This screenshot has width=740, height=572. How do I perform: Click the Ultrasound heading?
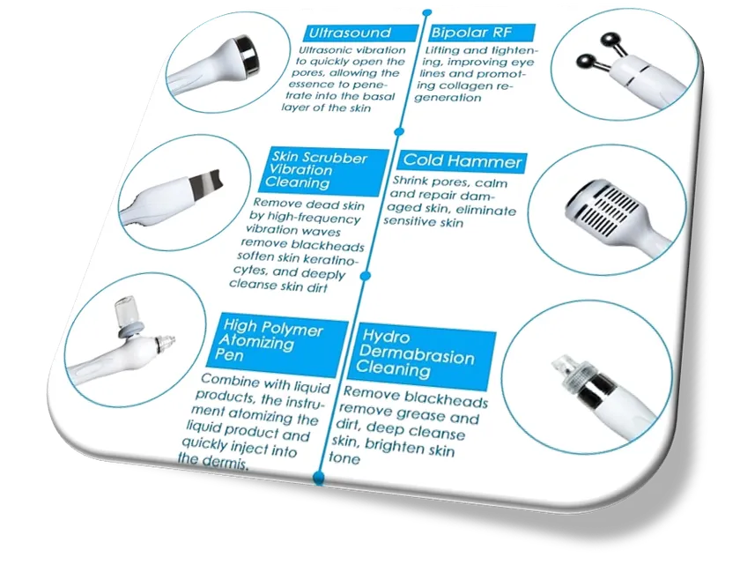350,33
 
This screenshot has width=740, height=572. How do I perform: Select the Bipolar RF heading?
470,32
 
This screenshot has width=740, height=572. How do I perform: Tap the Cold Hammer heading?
462,161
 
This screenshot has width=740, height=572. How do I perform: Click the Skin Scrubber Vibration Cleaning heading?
315,170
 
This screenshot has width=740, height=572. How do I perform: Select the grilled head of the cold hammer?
599,208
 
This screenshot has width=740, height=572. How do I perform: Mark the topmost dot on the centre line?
427,12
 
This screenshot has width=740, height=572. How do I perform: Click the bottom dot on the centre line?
319,476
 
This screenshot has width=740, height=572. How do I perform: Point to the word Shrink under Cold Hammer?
411,181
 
